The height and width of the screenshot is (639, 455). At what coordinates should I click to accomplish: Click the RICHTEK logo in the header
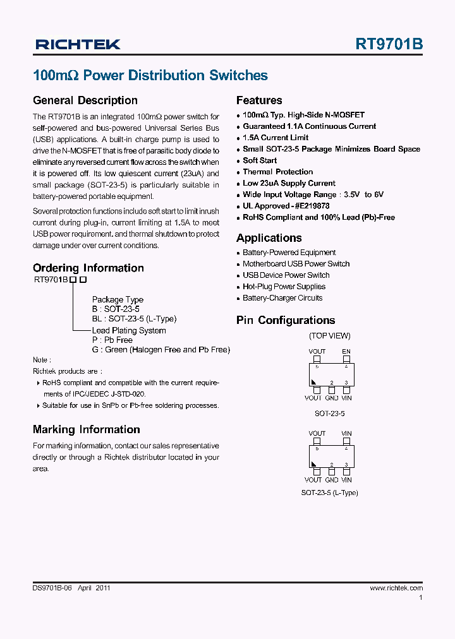click(x=78, y=44)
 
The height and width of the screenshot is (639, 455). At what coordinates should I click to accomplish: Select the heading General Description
click(x=85, y=100)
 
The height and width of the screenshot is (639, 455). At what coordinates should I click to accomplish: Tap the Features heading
click(x=259, y=100)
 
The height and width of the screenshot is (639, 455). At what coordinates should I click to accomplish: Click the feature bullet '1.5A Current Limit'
click(x=276, y=138)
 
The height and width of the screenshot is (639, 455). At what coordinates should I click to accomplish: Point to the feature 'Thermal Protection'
click(x=278, y=172)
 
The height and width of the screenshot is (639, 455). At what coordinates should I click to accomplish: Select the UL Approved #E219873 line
click(x=286, y=206)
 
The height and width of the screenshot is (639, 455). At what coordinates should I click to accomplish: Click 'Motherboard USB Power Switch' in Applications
click(x=296, y=264)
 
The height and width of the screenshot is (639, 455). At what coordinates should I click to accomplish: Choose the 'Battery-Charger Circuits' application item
click(x=282, y=298)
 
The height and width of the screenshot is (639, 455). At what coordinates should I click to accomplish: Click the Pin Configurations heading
click(x=286, y=320)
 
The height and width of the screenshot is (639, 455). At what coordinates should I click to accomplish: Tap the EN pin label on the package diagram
click(x=346, y=352)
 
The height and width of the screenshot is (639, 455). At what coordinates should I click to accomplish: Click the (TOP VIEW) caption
click(x=329, y=336)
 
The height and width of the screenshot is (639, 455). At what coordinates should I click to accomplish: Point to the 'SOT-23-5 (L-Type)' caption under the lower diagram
click(x=329, y=493)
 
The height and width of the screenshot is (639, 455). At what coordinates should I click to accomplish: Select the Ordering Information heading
click(x=88, y=268)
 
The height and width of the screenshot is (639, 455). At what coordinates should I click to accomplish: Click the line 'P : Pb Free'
click(x=112, y=340)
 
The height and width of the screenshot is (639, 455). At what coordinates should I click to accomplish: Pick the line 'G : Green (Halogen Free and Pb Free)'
click(x=161, y=350)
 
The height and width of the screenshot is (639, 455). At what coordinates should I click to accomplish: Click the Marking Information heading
click(x=86, y=429)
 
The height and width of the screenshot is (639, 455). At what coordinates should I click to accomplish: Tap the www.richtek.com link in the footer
click(x=396, y=588)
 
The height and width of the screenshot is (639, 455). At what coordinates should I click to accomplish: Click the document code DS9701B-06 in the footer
click(x=53, y=588)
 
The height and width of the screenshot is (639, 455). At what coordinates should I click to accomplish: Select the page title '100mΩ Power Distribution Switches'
click(x=150, y=76)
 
